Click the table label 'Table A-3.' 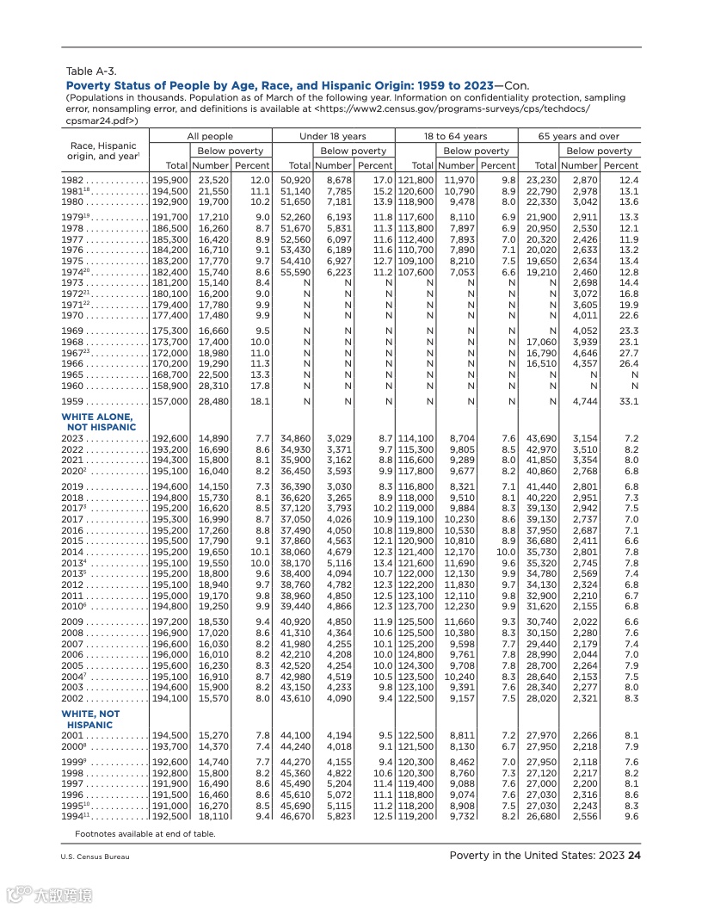coord(91,71)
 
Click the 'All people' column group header coord(210,136)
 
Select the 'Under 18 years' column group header coord(332,136)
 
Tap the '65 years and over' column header coord(579,136)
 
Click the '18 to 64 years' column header coord(455,136)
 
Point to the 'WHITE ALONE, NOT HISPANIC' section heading coord(98,422)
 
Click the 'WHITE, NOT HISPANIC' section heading coord(90,720)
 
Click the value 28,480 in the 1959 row coord(212,400)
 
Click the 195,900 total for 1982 coord(170,179)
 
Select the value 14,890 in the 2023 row coord(212,438)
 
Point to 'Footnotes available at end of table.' coord(145,833)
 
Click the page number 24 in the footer coord(635,856)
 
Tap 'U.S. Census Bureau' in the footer coord(95,856)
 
